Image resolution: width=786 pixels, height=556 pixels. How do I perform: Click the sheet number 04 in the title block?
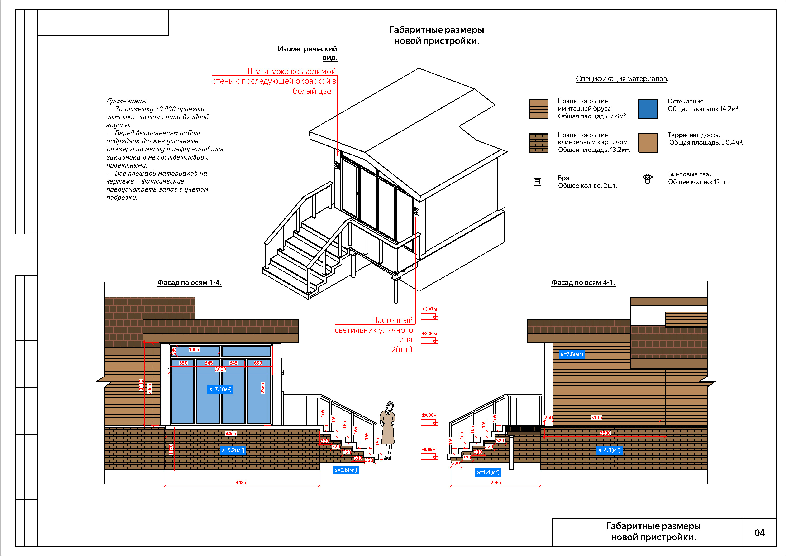(x=759, y=533)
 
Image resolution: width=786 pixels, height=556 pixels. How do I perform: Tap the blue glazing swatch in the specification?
(x=648, y=109)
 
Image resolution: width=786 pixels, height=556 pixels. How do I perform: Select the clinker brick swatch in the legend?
(x=538, y=143)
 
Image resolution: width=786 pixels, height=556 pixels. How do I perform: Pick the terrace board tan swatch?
(x=648, y=143)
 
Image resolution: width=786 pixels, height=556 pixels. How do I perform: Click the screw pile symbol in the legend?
(x=647, y=179)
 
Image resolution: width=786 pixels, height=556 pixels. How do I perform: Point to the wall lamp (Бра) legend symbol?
(x=538, y=182)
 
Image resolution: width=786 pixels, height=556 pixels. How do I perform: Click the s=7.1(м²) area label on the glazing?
(x=220, y=389)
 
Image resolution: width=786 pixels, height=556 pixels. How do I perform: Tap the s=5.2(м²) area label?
(x=233, y=450)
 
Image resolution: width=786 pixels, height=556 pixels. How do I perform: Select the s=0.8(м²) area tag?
(x=345, y=470)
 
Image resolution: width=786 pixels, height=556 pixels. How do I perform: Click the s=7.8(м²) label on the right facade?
(x=572, y=354)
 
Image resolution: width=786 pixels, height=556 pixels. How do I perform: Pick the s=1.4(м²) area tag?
(x=488, y=472)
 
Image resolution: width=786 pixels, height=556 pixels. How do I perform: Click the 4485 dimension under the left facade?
(x=241, y=482)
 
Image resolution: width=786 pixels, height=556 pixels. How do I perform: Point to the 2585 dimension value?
(x=496, y=482)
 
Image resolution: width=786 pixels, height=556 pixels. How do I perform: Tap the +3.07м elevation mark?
(x=429, y=309)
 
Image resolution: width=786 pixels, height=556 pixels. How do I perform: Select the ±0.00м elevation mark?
(x=429, y=415)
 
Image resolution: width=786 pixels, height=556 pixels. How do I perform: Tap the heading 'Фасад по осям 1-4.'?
(x=189, y=283)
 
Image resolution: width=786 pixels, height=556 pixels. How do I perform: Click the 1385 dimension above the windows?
(x=194, y=349)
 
